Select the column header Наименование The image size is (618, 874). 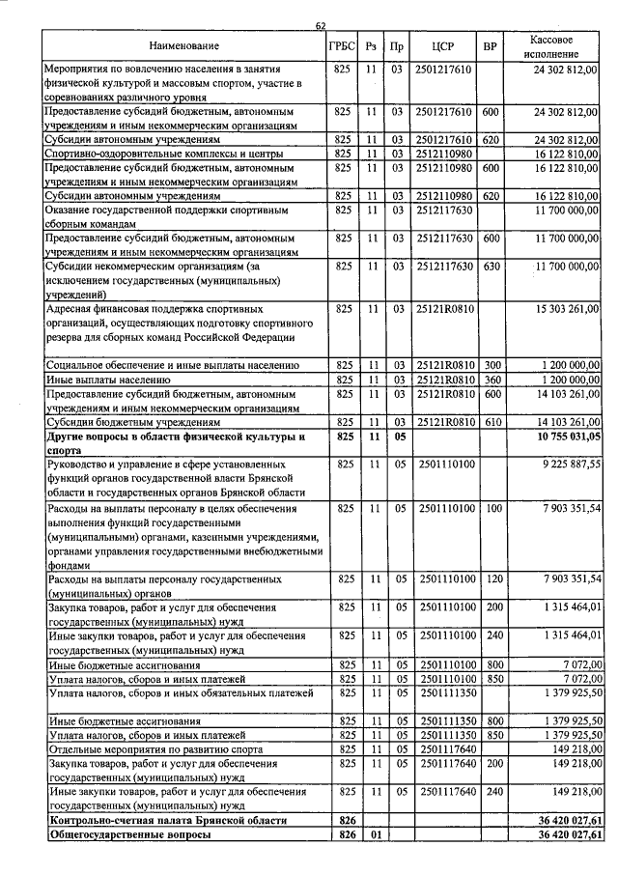click(184, 45)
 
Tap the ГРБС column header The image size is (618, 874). click(342, 45)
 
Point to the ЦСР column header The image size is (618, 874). click(444, 45)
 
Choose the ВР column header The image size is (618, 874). click(491, 45)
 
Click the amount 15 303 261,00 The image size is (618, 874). click(560, 309)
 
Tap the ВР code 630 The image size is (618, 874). click(491, 266)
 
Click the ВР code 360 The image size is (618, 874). click(491, 381)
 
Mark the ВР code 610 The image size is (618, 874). click(491, 422)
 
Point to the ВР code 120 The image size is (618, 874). click(491, 578)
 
